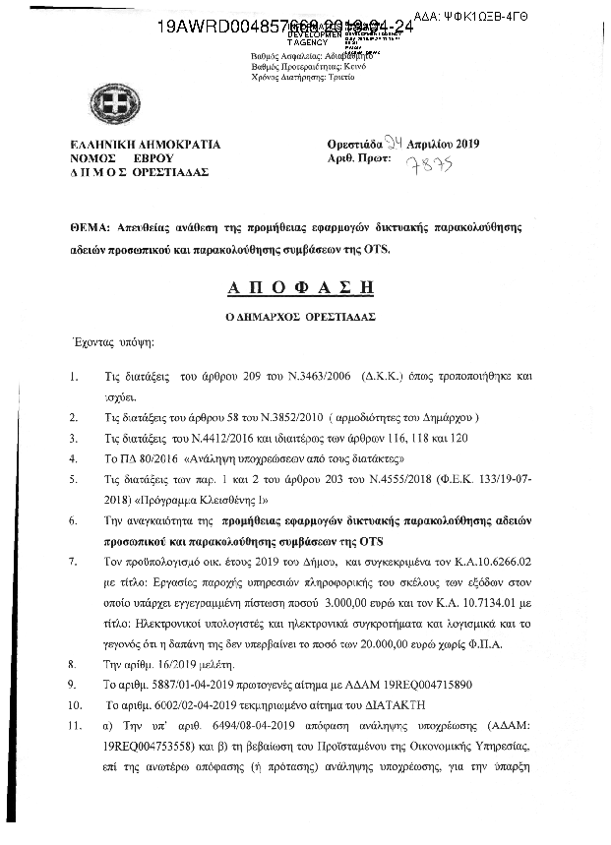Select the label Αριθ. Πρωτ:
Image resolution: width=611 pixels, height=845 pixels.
(x=358, y=159)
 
